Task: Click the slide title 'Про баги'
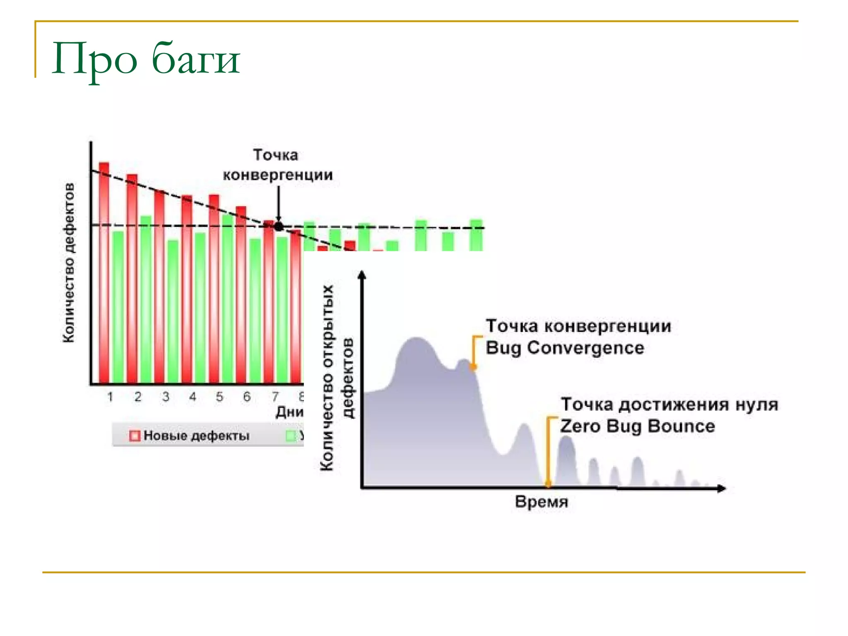pyautogui.click(x=146, y=59)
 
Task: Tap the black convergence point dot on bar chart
pyautogui.click(x=279, y=226)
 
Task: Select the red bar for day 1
pyautogui.click(x=104, y=273)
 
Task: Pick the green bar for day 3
pyautogui.click(x=173, y=311)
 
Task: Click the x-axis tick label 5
pyautogui.click(x=219, y=397)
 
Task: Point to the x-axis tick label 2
pyautogui.click(x=138, y=397)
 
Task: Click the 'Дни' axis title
pyautogui.click(x=289, y=412)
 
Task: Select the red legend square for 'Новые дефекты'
pyautogui.click(x=135, y=436)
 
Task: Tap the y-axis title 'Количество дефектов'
pyautogui.click(x=69, y=263)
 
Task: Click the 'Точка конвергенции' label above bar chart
pyautogui.click(x=277, y=165)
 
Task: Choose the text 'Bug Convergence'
pyautogui.click(x=565, y=348)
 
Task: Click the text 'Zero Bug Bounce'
pyautogui.click(x=637, y=426)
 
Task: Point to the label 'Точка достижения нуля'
pyautogui.click(x=669, y=404)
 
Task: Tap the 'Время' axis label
pyautogui.click(x=541, y=502)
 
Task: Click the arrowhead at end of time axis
pyautogui.click(x=721, y=488)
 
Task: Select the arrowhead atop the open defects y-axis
pyautogui.click(x=362, y=275)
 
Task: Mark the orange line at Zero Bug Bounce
pyautogui.click(x=548, y=451)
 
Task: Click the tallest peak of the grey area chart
pyautogui.click(x=416, y=340)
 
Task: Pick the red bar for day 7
pyautogui.click(x=269, y=302)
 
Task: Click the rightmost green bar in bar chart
pyautogui.click(x=476, y=235)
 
